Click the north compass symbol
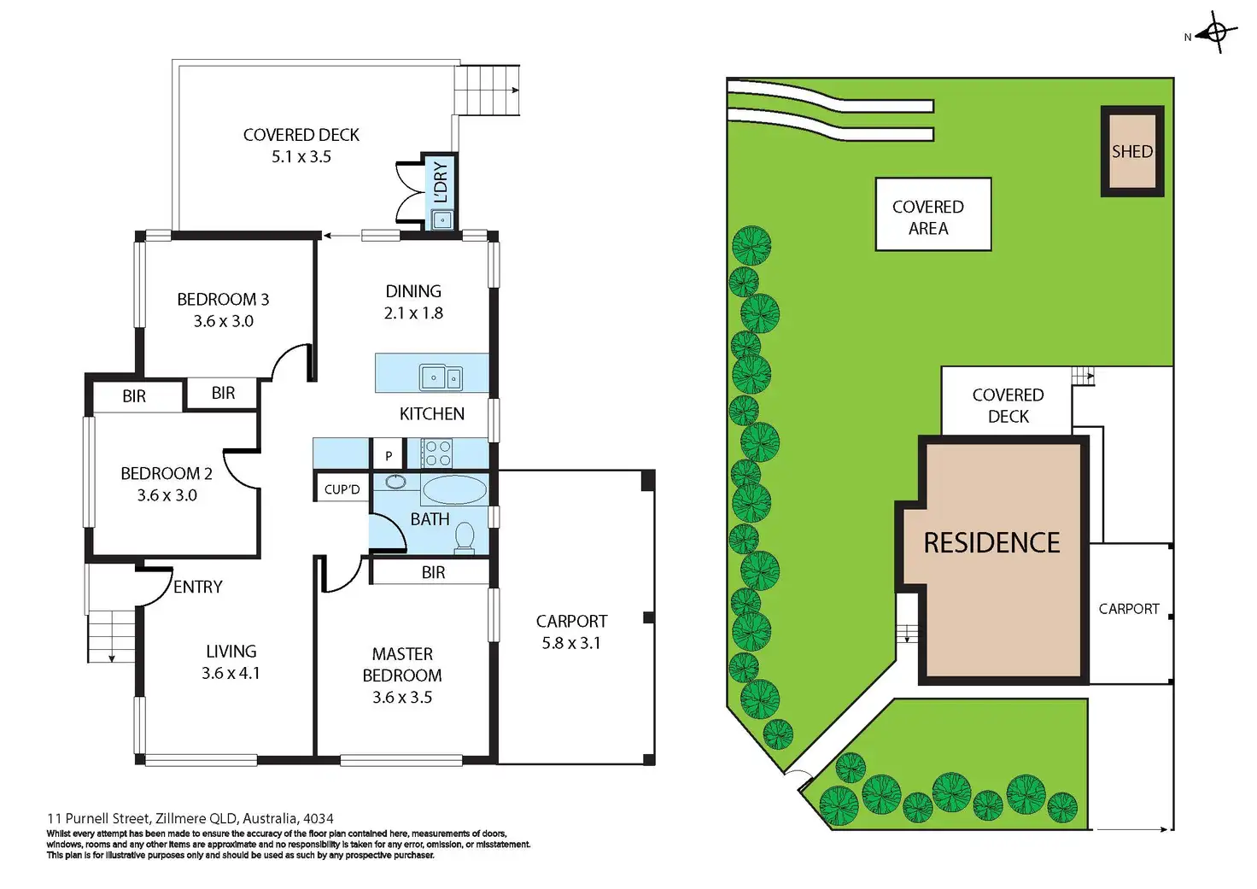pos(1216,33)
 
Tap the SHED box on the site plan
pos(1132,151)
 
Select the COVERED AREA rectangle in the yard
pos(933,214)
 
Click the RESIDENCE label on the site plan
pos(991,543)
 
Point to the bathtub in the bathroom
pos(453,490)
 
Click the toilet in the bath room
pos(465,537)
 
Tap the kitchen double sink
pos(441,376)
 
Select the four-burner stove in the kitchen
pos(438,453)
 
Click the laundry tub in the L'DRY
pos(442,219)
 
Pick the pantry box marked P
pos(389,455)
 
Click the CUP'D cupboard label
pos(342,489)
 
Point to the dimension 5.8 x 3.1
pos(571,643)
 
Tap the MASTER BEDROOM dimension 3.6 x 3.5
pos(402,697)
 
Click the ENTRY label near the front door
pos(197,587)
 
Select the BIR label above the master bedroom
pos(433,572)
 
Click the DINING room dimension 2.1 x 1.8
pos(413,313)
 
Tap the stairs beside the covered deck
pos(487,90)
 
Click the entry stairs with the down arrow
pos(111,637)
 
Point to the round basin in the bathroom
pos(395,482)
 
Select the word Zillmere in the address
pos(183,818)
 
